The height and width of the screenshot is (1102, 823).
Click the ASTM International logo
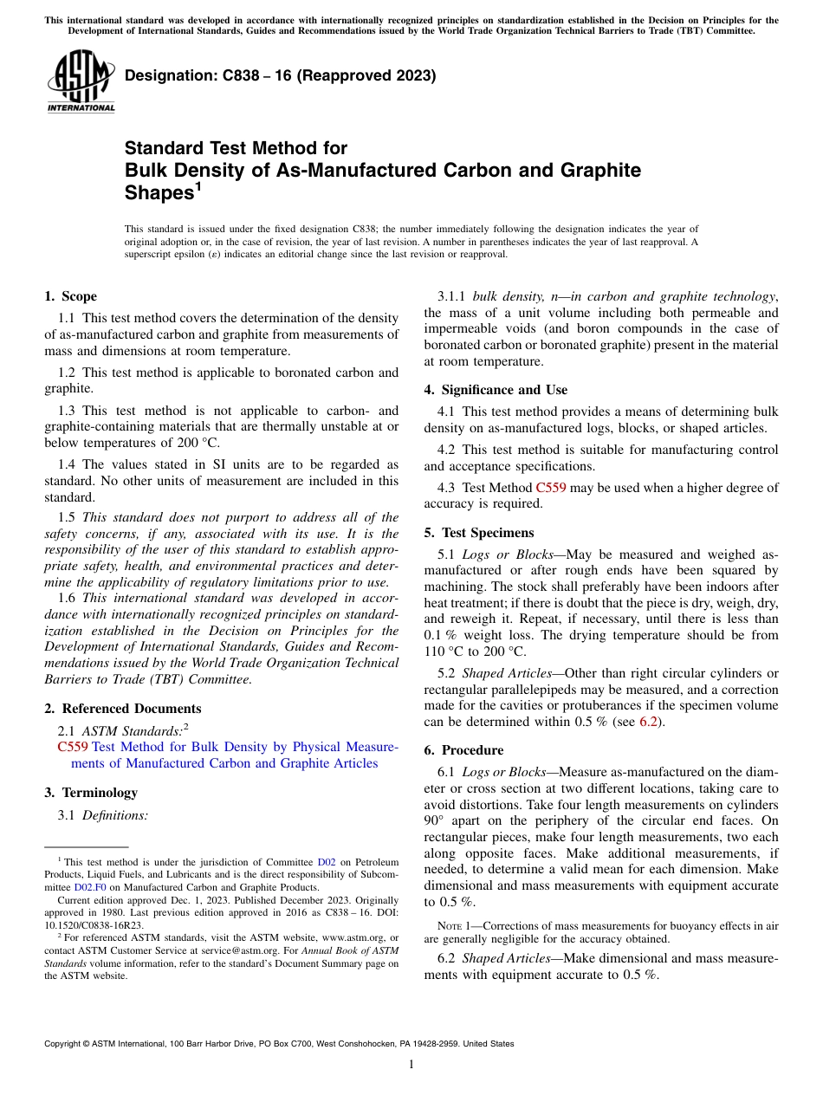(x=81, y=81)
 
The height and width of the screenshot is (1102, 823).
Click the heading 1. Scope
(x=70, y=296)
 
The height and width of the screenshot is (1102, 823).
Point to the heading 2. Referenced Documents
(x=122, y=708)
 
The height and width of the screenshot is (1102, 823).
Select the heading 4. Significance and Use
(x=496, y=390)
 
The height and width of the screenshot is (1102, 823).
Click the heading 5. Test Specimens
(x=478, y=532)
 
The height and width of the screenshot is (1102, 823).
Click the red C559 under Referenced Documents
(x=73, y=747)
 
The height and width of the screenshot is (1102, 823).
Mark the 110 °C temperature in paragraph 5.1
(x=443, y=651)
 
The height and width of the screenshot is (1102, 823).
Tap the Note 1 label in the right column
(x=453, y=925)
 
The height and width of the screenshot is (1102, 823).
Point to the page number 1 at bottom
(x=411, y=1064)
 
